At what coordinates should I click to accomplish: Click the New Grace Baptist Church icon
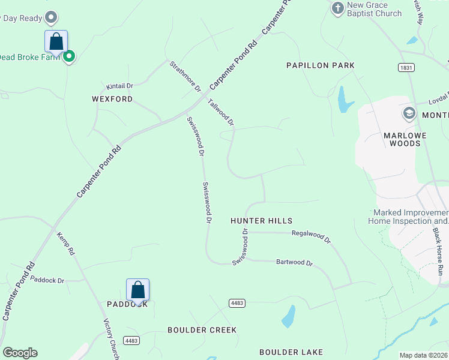pyautogui.click(x=338, y=7)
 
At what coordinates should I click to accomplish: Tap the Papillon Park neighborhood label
pyautogui.click(x=321, y=65)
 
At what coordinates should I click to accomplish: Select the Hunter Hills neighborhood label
pyautogui.click(x=261, y=221)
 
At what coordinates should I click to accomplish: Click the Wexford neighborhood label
pyautogui.click(x=112, y=99)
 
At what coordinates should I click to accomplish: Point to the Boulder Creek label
pyautogui.click(x=202, y=330)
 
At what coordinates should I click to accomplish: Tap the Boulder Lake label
pyautogui.click(x=291, y=352)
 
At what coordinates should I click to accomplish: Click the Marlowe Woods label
pyautogui.click(x=405, y=139)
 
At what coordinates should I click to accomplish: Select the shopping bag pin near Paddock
pyautogui.click(x=138, y=290)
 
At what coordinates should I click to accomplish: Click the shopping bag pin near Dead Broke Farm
pyautogui.click(x=56, y=42)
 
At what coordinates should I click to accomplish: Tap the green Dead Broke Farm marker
pyautogui.click(x=69, y=56)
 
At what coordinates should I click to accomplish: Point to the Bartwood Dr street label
pyautogui.click(x=294, y=263)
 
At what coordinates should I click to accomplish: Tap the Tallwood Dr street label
pyautogui.click(x=221, y=112)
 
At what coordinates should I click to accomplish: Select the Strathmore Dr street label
pyautogui.click(x=185, y=76)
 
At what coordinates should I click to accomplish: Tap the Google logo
pyautogui.click(x=20, y=353)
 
